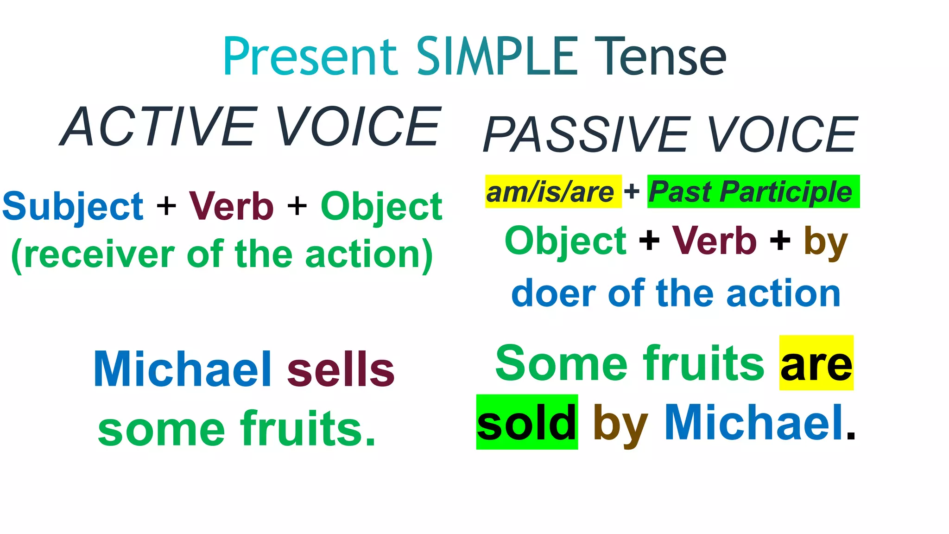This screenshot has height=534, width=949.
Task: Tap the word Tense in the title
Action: tap(660, 57)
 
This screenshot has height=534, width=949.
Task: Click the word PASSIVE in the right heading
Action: tap(586, 135)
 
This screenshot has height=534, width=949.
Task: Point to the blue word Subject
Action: tap(73, 207)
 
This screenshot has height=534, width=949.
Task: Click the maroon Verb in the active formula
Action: tap(231, 206)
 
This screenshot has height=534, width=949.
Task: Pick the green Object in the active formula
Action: tap(381, 207)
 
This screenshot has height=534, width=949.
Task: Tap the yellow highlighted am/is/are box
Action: tap(552, 192)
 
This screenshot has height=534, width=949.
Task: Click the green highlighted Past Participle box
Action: tap(753, 192)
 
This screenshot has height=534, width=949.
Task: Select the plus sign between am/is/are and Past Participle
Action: tap(632, 191)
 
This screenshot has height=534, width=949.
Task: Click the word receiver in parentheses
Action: tap(99, 255)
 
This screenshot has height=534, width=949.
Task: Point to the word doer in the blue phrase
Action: tap(553, 294)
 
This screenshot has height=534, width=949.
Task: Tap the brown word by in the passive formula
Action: tap(825, 242)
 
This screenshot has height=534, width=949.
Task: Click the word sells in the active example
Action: tap(341, 369)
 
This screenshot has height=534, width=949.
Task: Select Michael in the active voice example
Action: tap(183, 369)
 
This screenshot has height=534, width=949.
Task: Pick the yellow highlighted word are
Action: tap(816, 363)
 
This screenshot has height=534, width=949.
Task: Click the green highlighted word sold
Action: tap(527, 422)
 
